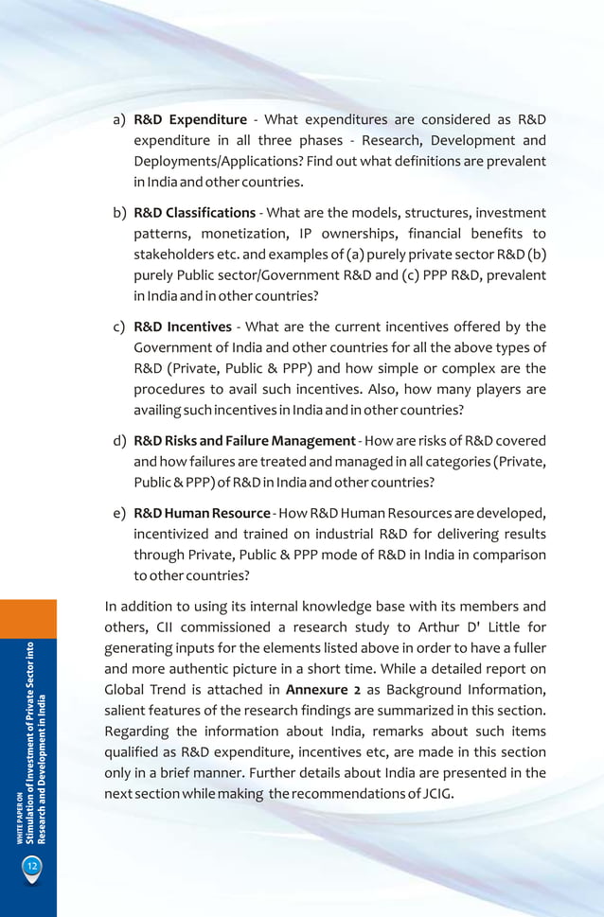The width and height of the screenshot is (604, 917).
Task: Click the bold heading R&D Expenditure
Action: (189, 119)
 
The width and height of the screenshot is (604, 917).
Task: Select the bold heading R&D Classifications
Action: (194, 212)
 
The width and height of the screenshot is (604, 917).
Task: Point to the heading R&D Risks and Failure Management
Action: (244, 441)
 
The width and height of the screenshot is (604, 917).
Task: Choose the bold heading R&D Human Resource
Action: (202, 513)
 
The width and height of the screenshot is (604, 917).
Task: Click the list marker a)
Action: (119, 120)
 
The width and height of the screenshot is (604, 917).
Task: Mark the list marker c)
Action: (119, 327)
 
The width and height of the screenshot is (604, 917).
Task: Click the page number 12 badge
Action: (31, 865)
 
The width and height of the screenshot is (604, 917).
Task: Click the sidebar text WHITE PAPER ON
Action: (19, 815)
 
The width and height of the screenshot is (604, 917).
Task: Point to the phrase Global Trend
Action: (144, 690)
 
